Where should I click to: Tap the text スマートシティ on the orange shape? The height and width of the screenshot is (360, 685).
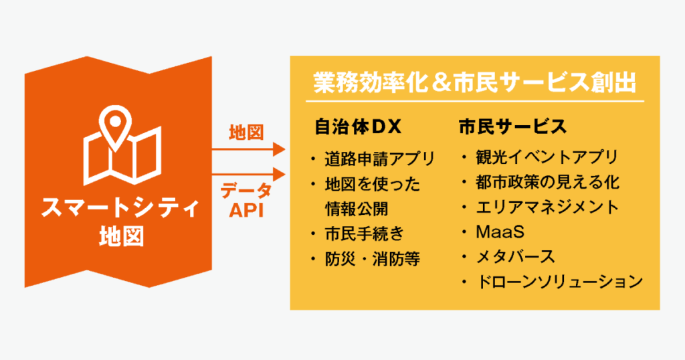[x=120, y=207]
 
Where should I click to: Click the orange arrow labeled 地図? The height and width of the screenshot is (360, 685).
[x=248, y=149]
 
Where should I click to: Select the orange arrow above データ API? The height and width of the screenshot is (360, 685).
[x=248, y=175]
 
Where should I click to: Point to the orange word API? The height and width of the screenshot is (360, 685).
[x=246, y=211]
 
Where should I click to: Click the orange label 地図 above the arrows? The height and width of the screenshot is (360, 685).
[x=246, y=132]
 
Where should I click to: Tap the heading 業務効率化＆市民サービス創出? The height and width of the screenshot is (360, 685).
[x=474, y=82]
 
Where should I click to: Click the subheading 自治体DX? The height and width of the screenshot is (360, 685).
[x=358, y=126]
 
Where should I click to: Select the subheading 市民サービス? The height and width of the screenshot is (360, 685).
[x=512, y=126]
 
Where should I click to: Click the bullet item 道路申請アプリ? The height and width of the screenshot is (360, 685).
[x=380, y=159]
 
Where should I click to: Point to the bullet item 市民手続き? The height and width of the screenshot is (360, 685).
[x=365, y=234]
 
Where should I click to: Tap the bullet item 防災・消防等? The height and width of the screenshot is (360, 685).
[x=372, y=259]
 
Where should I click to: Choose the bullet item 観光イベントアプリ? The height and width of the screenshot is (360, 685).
[x=547, y=157]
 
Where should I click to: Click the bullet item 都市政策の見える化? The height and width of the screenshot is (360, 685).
[x=547, y=182]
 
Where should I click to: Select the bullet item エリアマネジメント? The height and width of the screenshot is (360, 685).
[x=547, y=207]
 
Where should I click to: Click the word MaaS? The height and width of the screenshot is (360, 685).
[x=500, y=232]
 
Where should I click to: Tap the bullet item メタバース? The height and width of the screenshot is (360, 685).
[x=515, y=256]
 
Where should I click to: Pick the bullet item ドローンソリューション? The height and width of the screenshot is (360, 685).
[x=559, y=281]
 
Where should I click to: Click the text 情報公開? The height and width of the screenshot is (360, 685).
[x=357, y=209]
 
